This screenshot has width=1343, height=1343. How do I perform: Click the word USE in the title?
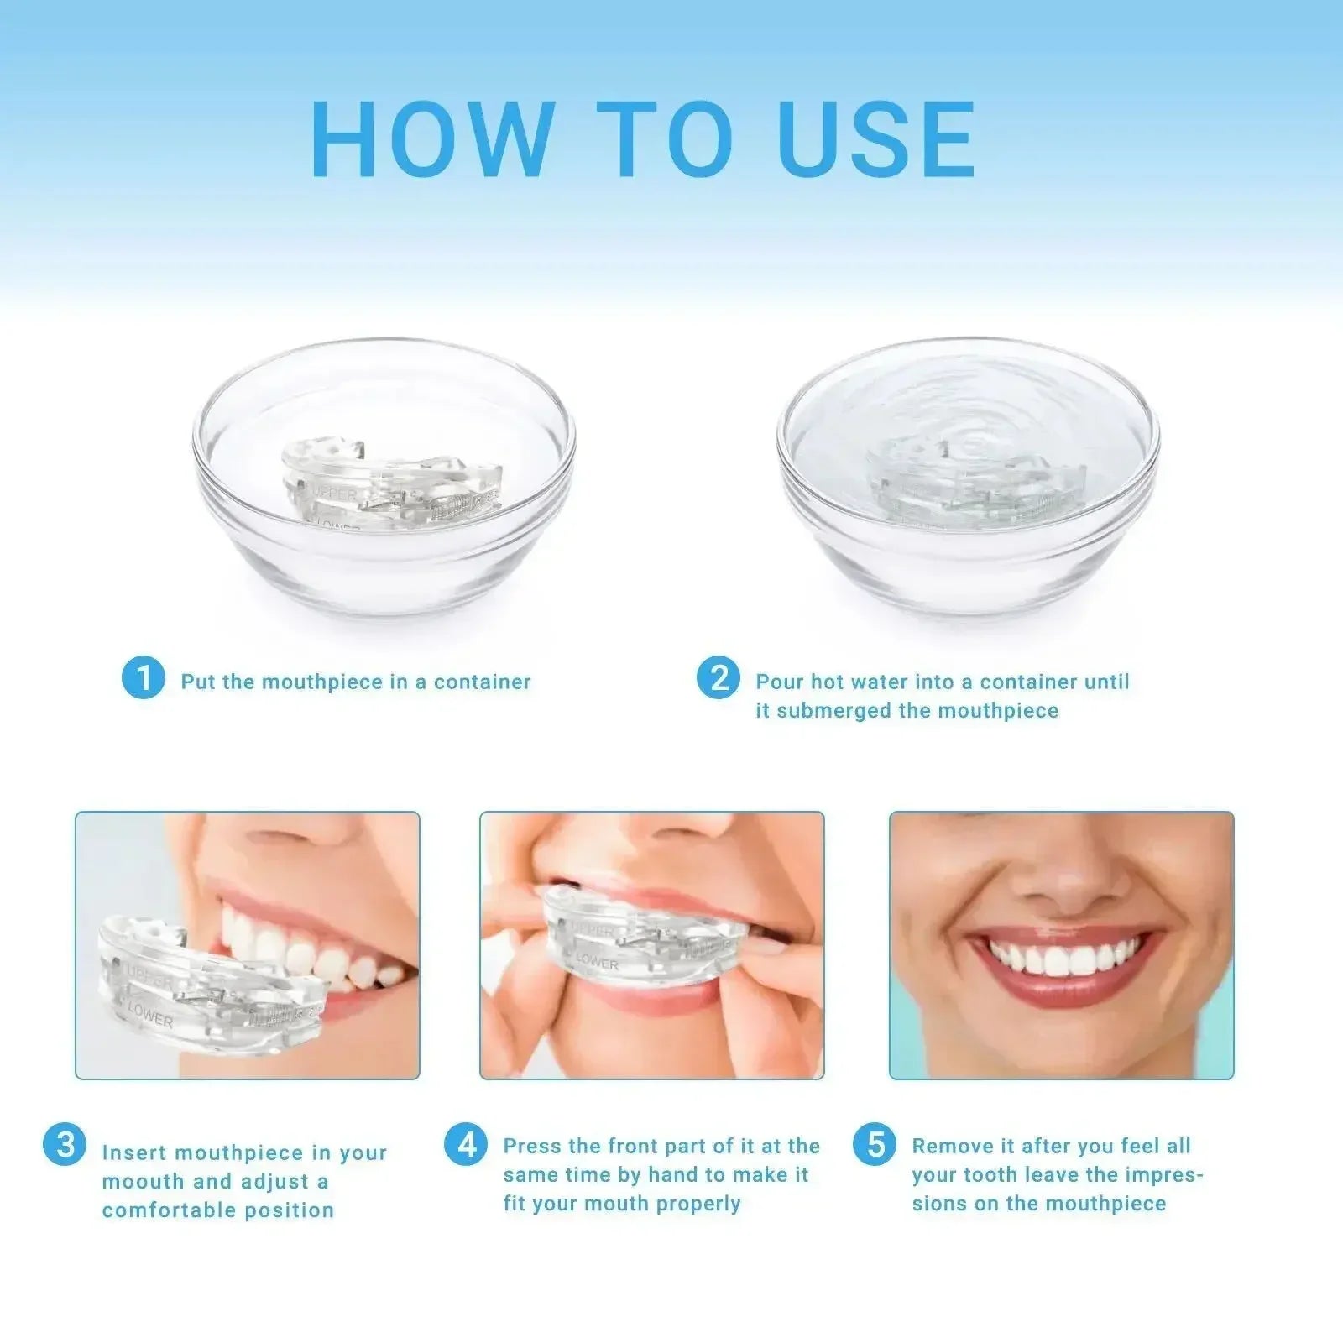tap(877, 139)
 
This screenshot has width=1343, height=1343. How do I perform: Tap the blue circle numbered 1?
tap(144, 678)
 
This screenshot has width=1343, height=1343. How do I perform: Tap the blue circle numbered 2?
tap(719, 678)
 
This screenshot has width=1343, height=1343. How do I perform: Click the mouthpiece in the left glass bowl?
tap(390, 487)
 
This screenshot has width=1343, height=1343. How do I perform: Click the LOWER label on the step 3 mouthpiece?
tap(151, 1017)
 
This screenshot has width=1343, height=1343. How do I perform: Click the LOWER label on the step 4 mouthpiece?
tap(597, 961)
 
